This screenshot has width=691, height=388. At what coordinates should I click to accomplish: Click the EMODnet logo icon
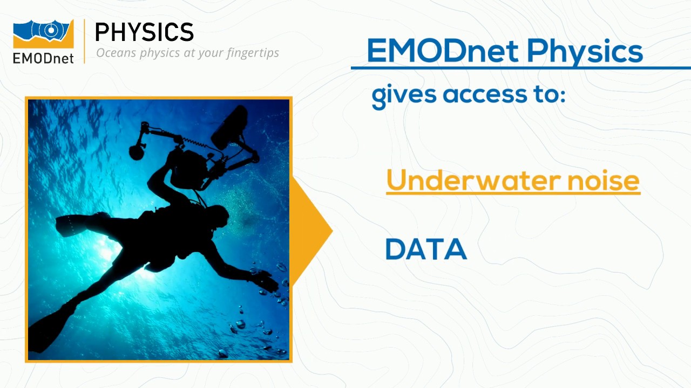click(x=43, y=33)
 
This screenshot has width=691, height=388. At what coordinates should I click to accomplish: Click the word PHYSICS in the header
click(x=144, y=33)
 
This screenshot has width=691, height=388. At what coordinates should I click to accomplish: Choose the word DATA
click(x=426, y=250)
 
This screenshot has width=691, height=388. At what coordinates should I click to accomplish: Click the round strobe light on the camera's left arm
click(x=137, y=151)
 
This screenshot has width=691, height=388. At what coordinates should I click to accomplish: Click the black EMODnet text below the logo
click(x=43, y=58)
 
